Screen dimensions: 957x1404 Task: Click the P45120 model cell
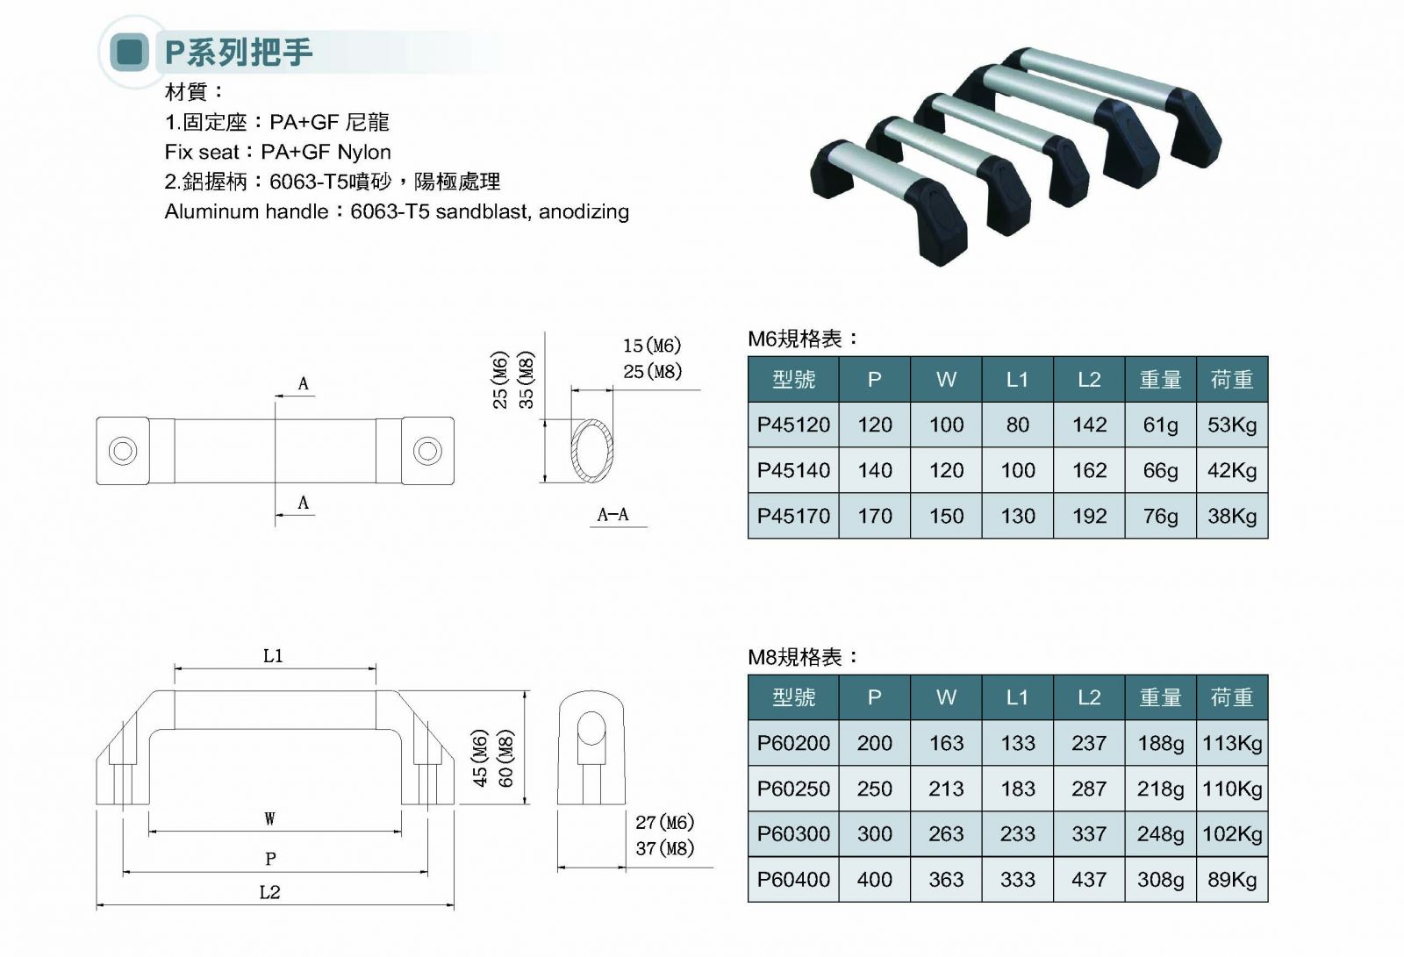[793, 425]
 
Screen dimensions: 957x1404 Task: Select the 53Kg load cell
[1232, 425]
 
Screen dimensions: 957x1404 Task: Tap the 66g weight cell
[1160, 471]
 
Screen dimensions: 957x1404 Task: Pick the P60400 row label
[793, 880]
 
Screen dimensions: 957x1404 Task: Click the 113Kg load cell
[1232, 744]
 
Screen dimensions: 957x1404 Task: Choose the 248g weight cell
[1160, 834]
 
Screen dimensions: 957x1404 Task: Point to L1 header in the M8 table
[1018, 697]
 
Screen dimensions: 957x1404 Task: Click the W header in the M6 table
[946, 380]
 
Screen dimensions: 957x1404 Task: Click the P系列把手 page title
[239, 53]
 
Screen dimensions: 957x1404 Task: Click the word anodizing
[584, 211]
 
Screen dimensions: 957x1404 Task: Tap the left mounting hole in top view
[123, 452]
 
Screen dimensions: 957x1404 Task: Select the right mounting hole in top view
[427, 452]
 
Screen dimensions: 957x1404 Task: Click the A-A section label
[612, 515]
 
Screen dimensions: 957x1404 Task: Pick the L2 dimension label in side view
[270, 892]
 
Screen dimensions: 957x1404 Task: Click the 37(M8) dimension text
[665, 848]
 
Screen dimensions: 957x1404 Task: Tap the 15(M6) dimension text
[652, 346]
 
